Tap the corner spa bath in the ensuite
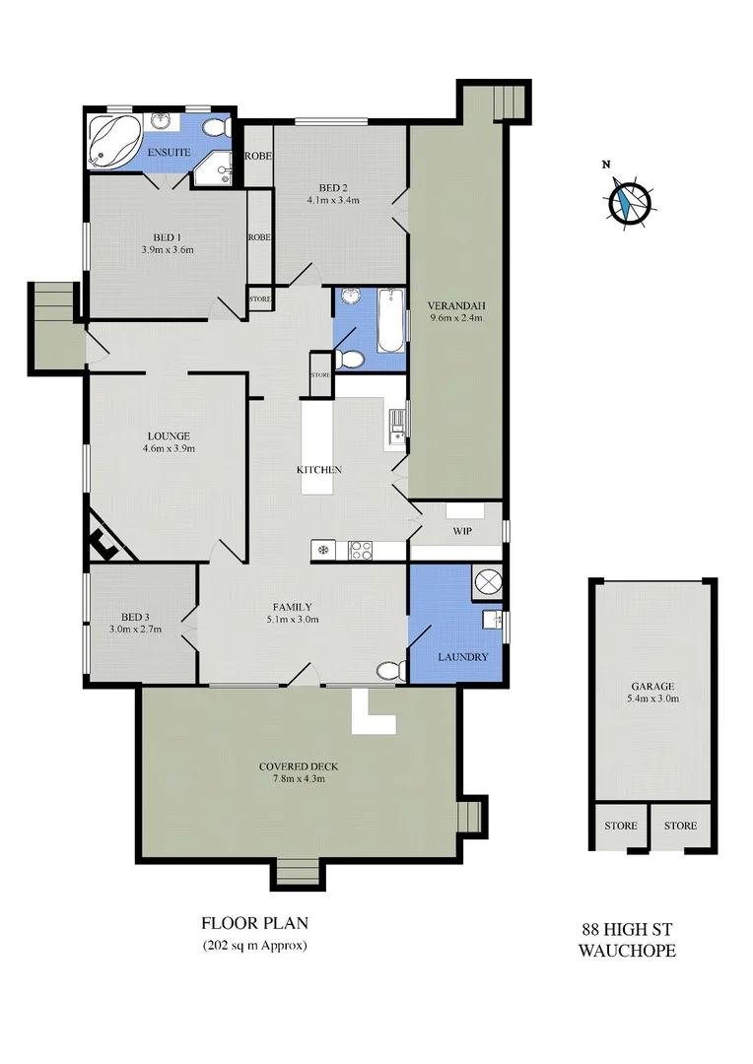[112, 140]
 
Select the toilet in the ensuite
[219, 128]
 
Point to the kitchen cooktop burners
[361, 551]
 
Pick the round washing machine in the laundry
[488, 583]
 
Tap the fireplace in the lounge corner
[105, 539]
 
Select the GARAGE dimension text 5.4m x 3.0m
[654, 698]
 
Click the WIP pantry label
[462, 532]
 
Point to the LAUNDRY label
[463, 657]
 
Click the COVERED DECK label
[292, 766]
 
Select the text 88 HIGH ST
[626, 930]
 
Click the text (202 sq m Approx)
[255, 946]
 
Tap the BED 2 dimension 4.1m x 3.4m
[333, 200]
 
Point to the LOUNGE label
[169, 435]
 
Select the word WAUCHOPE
[626, 951]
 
